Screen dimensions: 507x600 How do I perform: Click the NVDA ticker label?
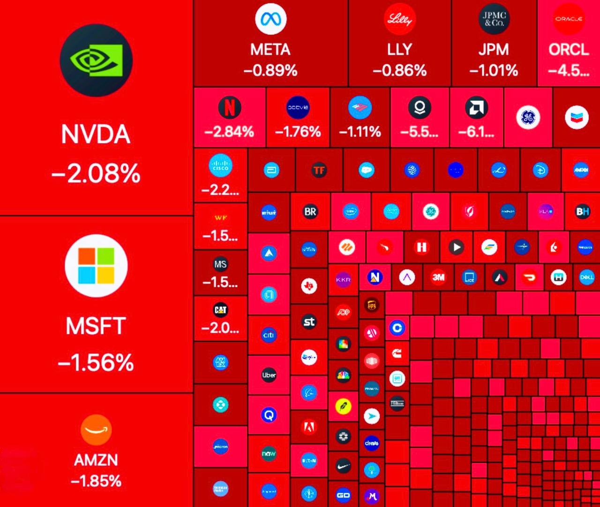click(96, 134)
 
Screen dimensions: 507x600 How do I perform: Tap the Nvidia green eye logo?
click(96, 60)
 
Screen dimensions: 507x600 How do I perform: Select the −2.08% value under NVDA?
click(96, 173)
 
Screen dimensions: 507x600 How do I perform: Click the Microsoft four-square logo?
click(96, 266)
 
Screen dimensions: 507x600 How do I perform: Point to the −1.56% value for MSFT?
click(96, 362)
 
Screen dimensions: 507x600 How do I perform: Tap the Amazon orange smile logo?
click(96, 429)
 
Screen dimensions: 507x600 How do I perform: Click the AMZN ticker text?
click(96, 460)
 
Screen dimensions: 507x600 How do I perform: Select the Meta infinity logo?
click(270, 19)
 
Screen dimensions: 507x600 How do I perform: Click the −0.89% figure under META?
click(270, 70)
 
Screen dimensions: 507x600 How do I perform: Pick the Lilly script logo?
click(399, 19)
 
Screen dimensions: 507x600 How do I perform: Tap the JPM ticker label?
click(494, 49)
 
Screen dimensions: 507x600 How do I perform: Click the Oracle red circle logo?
click(569, 19)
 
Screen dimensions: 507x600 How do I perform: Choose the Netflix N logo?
click(230, 108)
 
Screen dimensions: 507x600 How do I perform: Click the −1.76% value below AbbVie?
click(298, 131)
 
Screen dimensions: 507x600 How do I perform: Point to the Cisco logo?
click(220, 166)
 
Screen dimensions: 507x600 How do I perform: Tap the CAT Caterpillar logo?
click(220, 309)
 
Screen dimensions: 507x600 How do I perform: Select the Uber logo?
click(269, 375)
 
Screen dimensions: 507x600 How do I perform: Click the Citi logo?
click(269, 335)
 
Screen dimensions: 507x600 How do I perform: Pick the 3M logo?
click(438, 277)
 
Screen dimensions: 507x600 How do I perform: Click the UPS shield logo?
click(372, 305)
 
